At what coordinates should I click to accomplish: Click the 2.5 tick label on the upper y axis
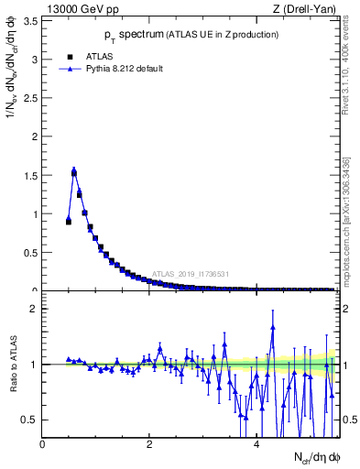click(30, 98)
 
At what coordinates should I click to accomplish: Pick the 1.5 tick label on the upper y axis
click(30, 175)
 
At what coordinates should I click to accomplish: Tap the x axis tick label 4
click(256, 444)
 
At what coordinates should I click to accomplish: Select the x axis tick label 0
click(43, 444)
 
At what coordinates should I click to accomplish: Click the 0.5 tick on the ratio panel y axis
click(30, 420)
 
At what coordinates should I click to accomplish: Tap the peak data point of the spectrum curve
click(74, 170)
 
